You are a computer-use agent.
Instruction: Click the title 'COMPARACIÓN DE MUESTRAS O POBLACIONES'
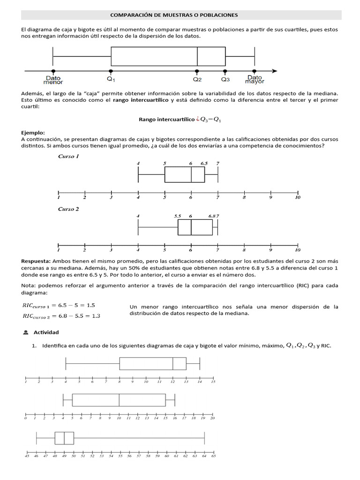[180, 15]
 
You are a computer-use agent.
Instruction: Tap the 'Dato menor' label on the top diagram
[53, 80]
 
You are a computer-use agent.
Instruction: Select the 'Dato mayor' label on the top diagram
[255, 80]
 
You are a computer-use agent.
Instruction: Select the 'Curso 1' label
[68, 157]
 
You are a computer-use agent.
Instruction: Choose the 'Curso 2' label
[68, 209]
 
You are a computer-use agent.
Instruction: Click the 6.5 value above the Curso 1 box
[204, 163]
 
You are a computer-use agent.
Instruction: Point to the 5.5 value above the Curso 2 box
[178, 216]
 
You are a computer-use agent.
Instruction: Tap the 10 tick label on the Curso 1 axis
[298, 198]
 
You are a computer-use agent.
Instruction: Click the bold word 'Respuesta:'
[36, 261]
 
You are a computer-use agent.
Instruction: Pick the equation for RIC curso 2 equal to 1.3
[61, 315]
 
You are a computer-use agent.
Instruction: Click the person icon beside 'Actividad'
[25, 332]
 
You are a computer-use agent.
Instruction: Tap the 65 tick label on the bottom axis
[213, 455]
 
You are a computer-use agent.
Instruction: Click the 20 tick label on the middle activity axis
[212, 418]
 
